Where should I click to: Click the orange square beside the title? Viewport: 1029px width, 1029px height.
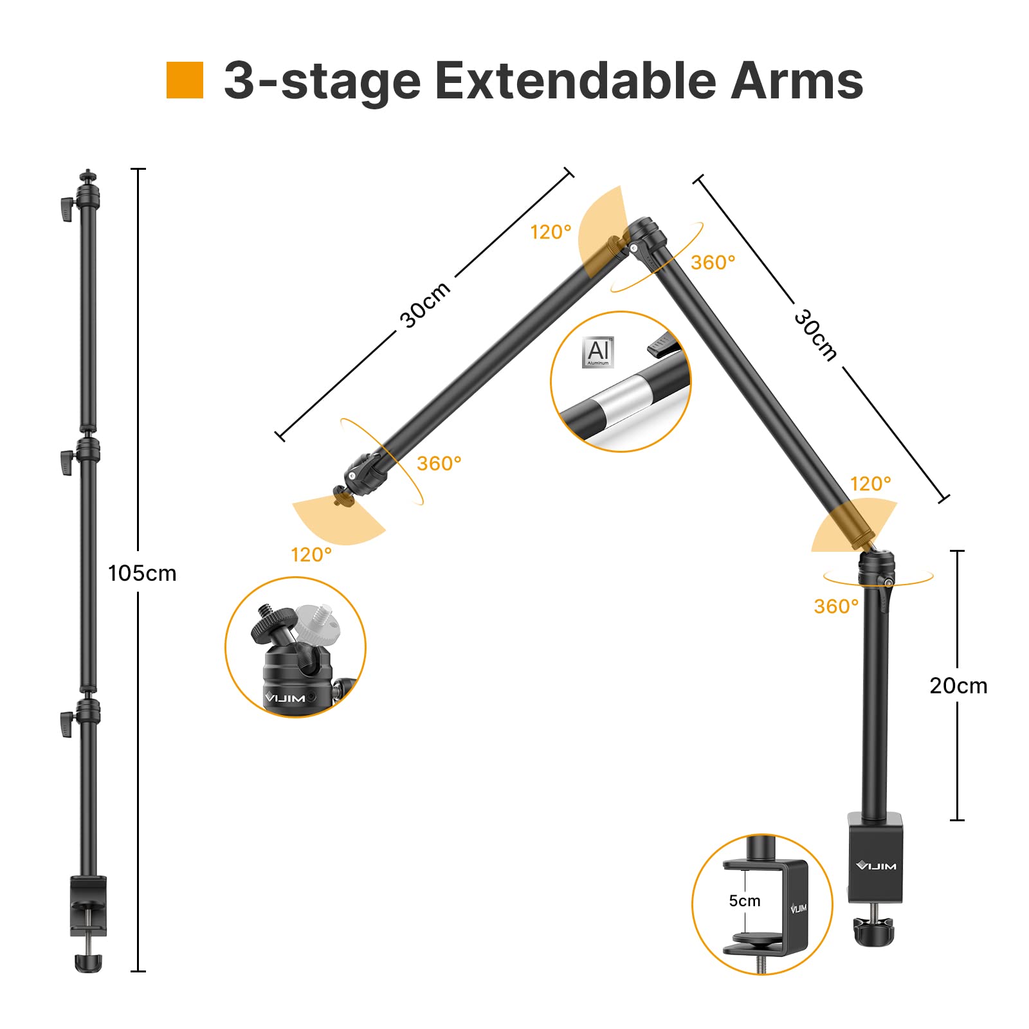(x=185, y=80)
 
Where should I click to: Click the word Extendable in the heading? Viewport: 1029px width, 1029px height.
(x=575, y=82)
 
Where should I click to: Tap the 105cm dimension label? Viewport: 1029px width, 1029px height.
(x=142, y=573)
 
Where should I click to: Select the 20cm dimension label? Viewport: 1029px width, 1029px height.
(x=958, y=686)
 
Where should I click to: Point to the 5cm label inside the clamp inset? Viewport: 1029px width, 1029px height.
(x=744, y=901)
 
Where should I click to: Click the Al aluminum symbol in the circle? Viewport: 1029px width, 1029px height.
(x=598, y=352)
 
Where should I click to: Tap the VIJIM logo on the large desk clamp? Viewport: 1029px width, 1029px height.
(x=876, y=866)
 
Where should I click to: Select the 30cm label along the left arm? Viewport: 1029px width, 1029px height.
(x=424, y=305)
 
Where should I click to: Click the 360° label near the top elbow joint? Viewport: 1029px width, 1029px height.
(x=713, y=262)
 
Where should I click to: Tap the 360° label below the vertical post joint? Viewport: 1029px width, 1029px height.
(x=836, y=606)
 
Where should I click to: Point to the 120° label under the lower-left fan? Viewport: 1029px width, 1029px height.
(x=311, y=554)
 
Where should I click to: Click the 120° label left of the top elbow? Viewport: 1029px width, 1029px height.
(x=551, y=232)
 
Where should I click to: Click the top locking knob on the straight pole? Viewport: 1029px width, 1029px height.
(x=66, y=209)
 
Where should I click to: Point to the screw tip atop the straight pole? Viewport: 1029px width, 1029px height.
(x=88, y=174)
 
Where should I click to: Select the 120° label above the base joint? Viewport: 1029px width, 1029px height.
(x=870, y=484)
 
